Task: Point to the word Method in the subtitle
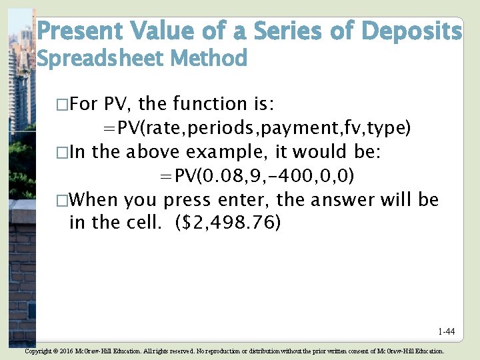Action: pyautogui.click(x=209, y=59)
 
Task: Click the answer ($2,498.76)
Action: pyautogui.click(x=228, y=223)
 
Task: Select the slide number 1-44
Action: pyautogui.click(x=446, y=331)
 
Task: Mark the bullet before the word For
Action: pyautogui.click(x=62, y=105)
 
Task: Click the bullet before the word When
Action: pyautogui.click(x=62, y=200)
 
